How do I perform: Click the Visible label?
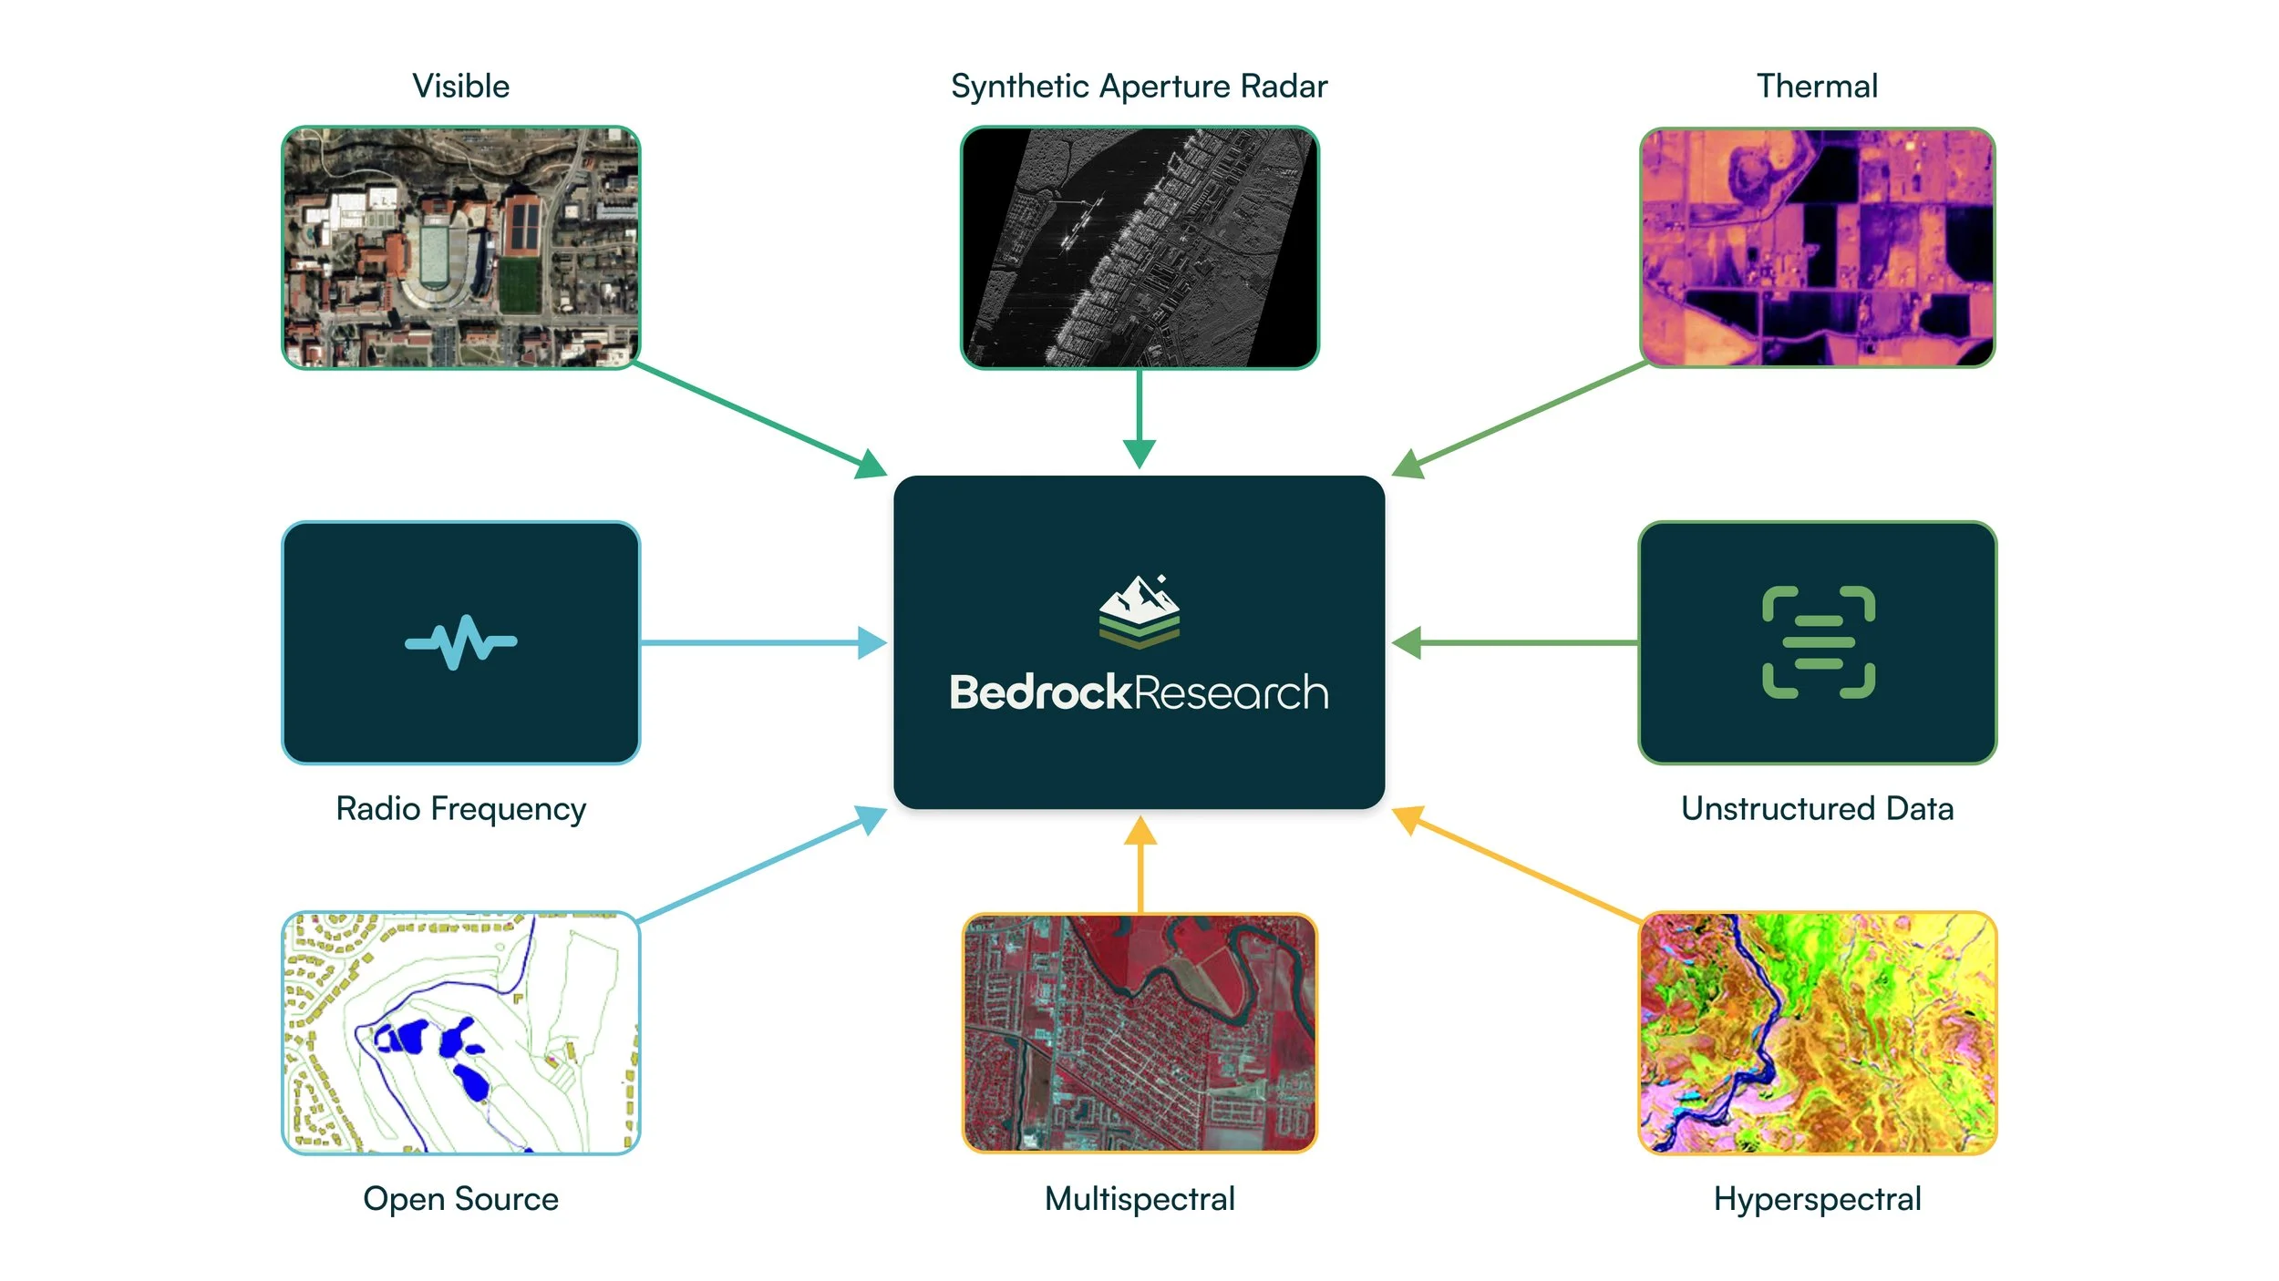[x=460, y=87]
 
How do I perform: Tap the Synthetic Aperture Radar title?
[x=1139, y=87]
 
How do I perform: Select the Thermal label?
[x=1817, y=87]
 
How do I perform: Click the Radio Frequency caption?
[x=460, y=808]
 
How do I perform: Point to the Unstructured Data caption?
[x=1817, y=808]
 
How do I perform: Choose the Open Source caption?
[x=460, y=1198]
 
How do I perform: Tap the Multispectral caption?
[x=1139, y=1198]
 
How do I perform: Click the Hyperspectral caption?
[x=1817, y=1198]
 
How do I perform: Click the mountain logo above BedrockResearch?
[x=1139, y=611]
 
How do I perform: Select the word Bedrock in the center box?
[x=1040, y=692]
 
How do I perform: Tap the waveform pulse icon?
[x=460, y=642]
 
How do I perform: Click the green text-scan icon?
[x=1818, y=642]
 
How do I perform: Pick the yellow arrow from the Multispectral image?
[x=1139, y=866]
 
